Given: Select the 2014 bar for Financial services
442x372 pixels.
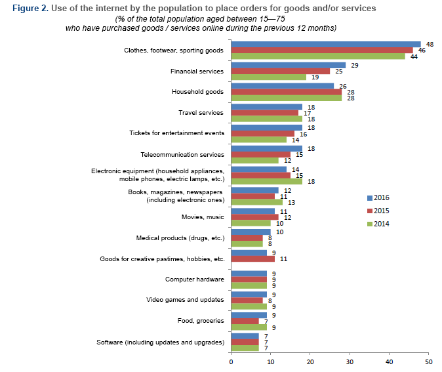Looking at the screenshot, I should (x=269, y=77).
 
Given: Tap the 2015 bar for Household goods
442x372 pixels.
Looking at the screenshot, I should (x=287, y=92).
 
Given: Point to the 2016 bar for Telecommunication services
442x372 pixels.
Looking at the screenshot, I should (x=267, y=148).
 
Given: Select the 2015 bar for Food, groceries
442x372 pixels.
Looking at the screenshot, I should (x=245, y=321).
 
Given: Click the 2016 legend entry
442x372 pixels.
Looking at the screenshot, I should (x=379, y=197).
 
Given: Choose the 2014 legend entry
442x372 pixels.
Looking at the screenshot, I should (x=379, y=224).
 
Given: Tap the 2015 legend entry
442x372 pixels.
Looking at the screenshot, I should (x=379, y=211).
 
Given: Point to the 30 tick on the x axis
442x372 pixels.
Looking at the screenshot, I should (x=350, y=361).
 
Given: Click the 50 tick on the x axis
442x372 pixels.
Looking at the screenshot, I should (x=429, y=361).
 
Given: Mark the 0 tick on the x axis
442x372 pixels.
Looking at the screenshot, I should (x=231, y=361).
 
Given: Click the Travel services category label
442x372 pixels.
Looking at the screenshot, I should (x=201, y=112).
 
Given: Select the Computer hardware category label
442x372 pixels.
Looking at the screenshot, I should (x=195, y=279).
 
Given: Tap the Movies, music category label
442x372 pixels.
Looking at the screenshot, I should (x=203, y=217).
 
